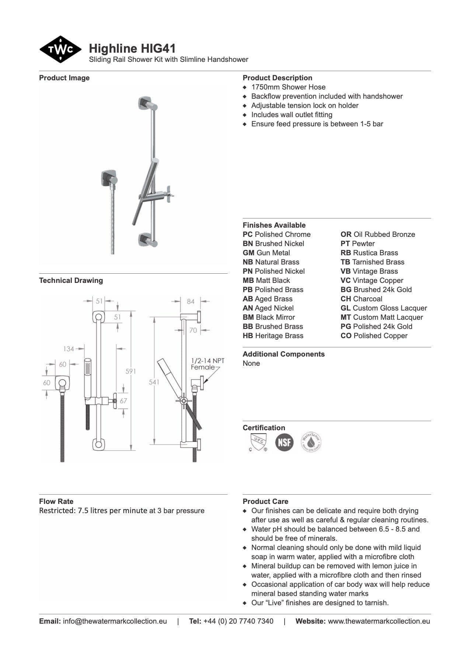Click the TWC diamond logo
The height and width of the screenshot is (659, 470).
(x=60, y=49)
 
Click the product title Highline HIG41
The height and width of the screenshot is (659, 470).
(x=132, y=49)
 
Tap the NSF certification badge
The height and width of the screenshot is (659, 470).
(x=284, y=442)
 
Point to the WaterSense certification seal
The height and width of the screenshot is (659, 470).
(x=311, y=442)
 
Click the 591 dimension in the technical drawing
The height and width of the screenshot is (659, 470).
(x=131, y=371)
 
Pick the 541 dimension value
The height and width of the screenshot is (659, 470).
(x=154, y=382)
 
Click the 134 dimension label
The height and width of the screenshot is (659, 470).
(x=69, y=348)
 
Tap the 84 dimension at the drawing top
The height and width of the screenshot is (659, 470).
(x=190, y=301)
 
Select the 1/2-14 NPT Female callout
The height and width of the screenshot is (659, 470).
(x=207, y=364)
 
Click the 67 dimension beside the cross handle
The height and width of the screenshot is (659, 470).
(x=123, y=400)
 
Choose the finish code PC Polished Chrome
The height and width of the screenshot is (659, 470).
(x=276, y=234)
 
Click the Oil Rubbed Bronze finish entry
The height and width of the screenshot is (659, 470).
(x=377, y=234)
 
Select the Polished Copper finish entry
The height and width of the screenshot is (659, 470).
(x=374, y=336)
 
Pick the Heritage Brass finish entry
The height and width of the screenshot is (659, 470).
(x=273, y=336)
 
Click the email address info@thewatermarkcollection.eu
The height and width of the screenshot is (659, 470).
(x=115, y=621)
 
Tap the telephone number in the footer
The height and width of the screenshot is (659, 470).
(x=238, y=621)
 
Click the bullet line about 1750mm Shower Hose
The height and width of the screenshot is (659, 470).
(x=288, y=87)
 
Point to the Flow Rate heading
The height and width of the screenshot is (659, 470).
(x=56, y=501)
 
